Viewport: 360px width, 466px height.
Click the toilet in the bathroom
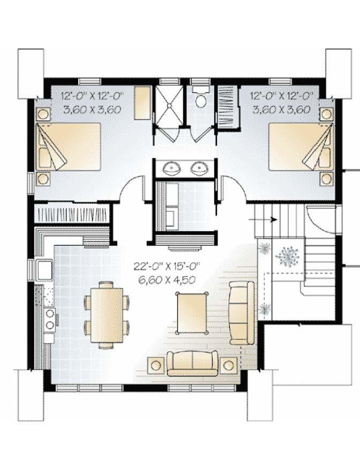[x=201, y=98]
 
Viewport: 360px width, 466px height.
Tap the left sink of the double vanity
[x=172, y=168]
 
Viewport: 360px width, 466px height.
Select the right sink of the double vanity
[x=199, y=168]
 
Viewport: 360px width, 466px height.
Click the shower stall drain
[x=169, y=105]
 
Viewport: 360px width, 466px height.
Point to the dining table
[x=107, y=315]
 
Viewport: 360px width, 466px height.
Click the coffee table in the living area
[x=192, y=312]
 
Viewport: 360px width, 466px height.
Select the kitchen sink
[x=44, y=270]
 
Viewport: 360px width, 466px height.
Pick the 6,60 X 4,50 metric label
[x=167, y=280]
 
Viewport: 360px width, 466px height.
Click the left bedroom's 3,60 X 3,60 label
[x=92, y=110]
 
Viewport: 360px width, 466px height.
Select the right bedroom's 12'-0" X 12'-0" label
[x=282, y=95]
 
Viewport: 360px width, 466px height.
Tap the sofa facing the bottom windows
[x=192, y=364]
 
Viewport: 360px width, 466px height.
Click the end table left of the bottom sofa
[x=156, y=365]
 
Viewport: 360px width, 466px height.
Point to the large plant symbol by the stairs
[x=287, y=255]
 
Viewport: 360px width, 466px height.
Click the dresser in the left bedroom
[x=142, y=103]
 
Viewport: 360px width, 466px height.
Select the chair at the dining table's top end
[x=106, y=285]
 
